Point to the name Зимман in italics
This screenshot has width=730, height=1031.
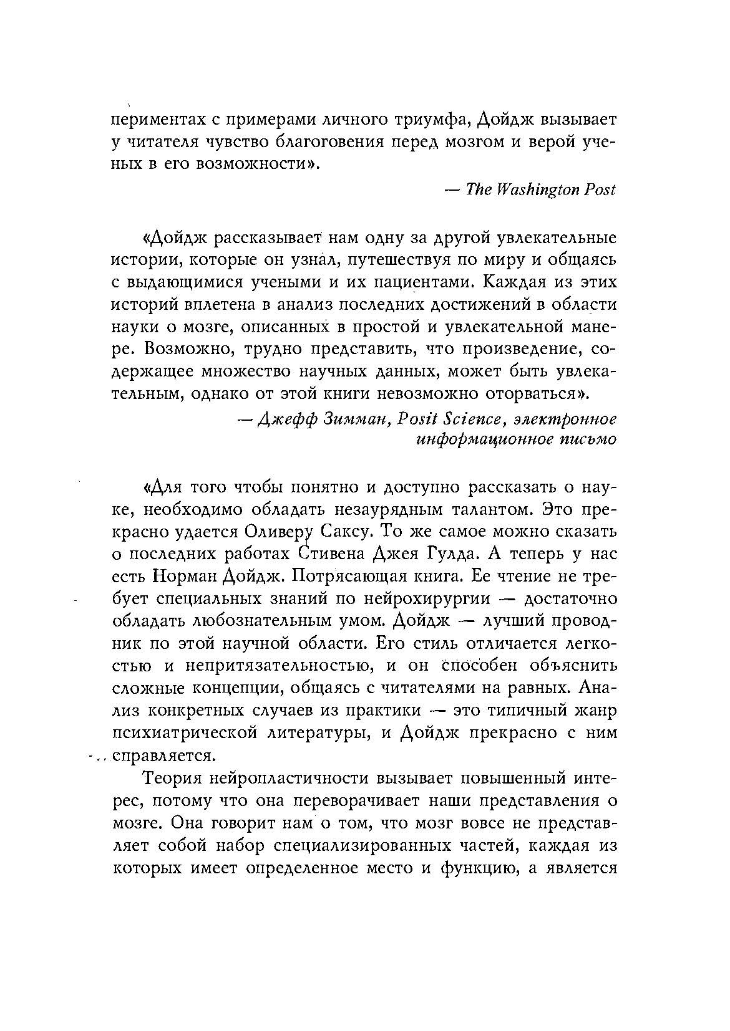(358, 417)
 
